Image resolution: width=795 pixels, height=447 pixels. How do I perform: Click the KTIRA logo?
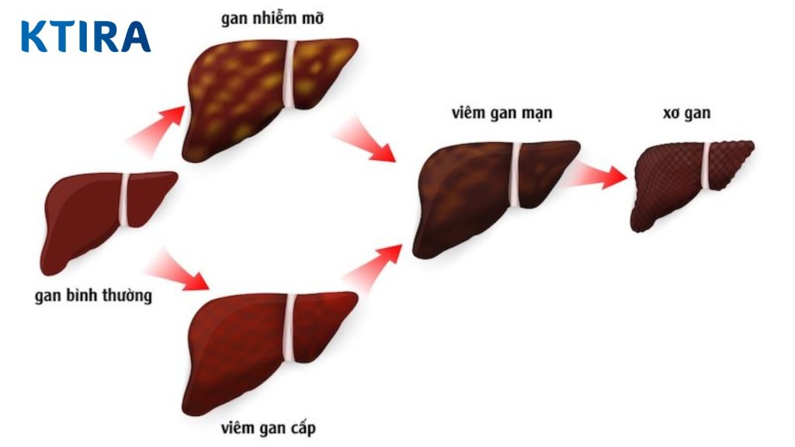[85, 36]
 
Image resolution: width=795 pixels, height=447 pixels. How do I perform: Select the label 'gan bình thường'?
[93, 296]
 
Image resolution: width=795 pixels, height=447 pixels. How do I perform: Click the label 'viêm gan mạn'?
[502, 113]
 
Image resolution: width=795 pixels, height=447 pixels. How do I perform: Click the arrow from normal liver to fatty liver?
[159, 128]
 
